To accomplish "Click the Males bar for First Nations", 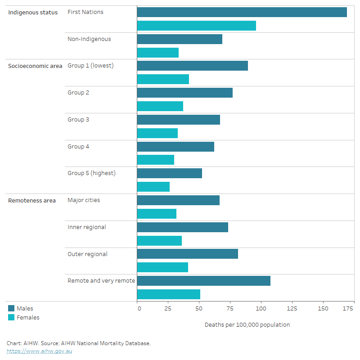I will [242, 12].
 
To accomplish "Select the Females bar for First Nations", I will [196, 26].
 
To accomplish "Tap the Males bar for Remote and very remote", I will [203, 281].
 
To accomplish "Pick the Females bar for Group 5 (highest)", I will [153, 187].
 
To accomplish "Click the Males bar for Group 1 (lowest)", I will [192, 66].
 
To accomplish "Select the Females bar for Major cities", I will [157, 214].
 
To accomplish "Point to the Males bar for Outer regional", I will [187, 254].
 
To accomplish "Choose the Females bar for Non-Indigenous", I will [157, 53].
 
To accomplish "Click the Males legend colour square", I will [11, 309].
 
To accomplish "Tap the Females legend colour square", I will [11, 317].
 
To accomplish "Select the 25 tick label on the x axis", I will [168, 309].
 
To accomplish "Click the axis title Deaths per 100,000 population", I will [247, 324].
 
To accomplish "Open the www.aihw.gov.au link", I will [39, 351].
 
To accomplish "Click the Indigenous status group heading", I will [33, 13].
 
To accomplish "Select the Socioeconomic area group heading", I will [35, 66].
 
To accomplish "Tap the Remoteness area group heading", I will [32, 201].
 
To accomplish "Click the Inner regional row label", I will [87, 227].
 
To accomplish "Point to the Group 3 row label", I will [78, 120].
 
